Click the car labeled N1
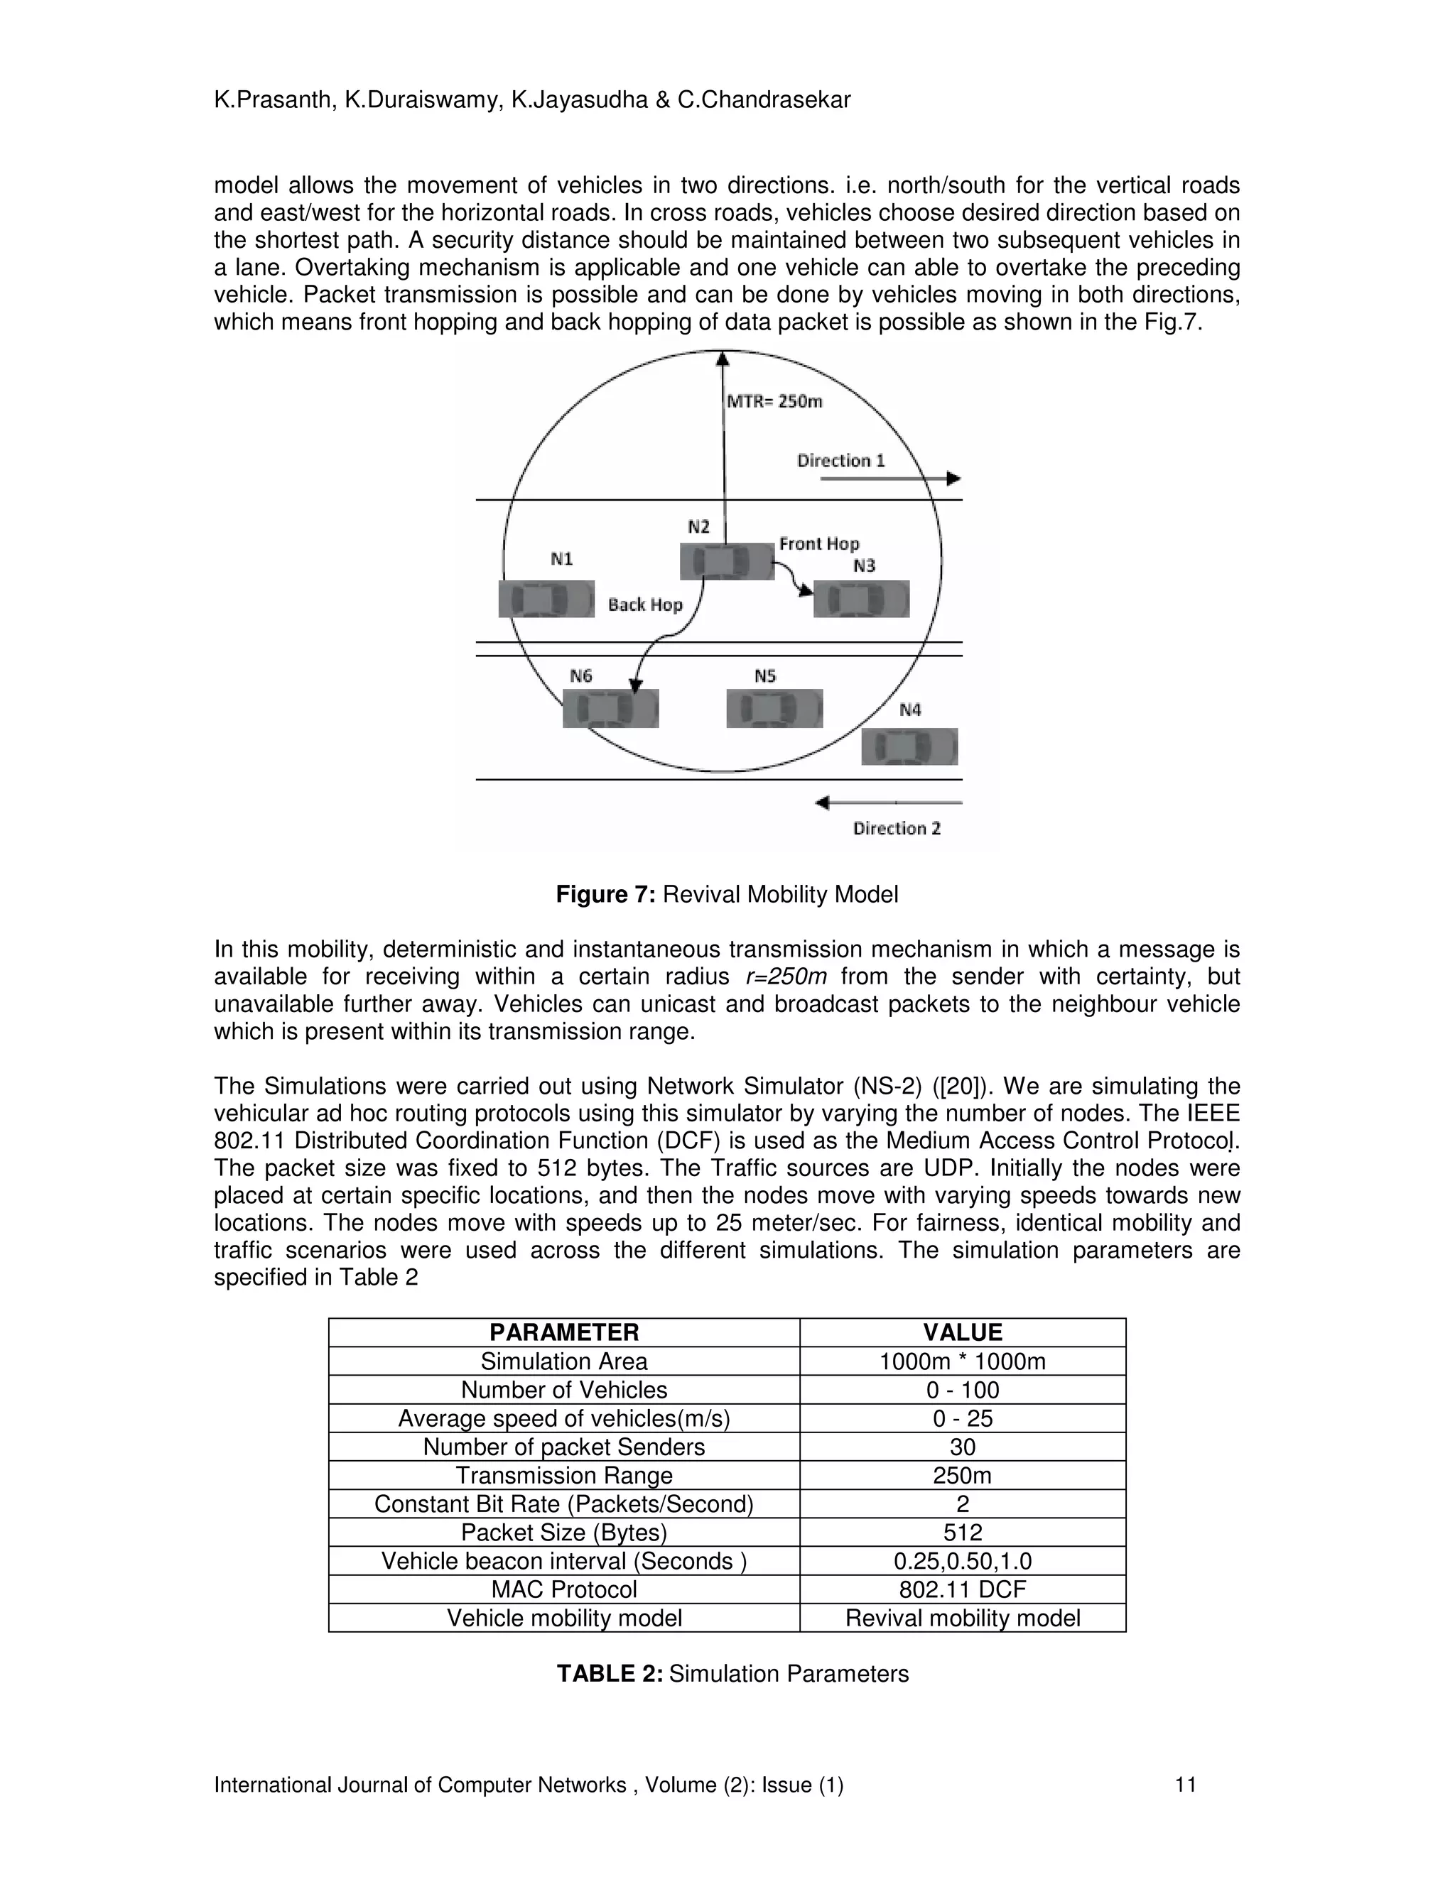pos(546,599)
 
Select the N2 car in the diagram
pos(727,561)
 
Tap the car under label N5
pos(774,708)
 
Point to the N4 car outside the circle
pos(909,746)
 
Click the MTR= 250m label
pos(774,401)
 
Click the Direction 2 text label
pos(897,828)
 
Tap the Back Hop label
pos(645,605)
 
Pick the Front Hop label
pos(819,544)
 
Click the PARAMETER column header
pos(563,1332)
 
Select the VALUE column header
pos(962,1332)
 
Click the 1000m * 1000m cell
pos(962,1361)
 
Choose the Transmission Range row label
pos(563,1475)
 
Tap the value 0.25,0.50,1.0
pos(962,1560)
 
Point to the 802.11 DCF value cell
pos(962,1589)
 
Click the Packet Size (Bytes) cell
pos(563,1532)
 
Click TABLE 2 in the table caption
pos(610,1673)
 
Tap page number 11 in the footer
pos(1185,1785)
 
